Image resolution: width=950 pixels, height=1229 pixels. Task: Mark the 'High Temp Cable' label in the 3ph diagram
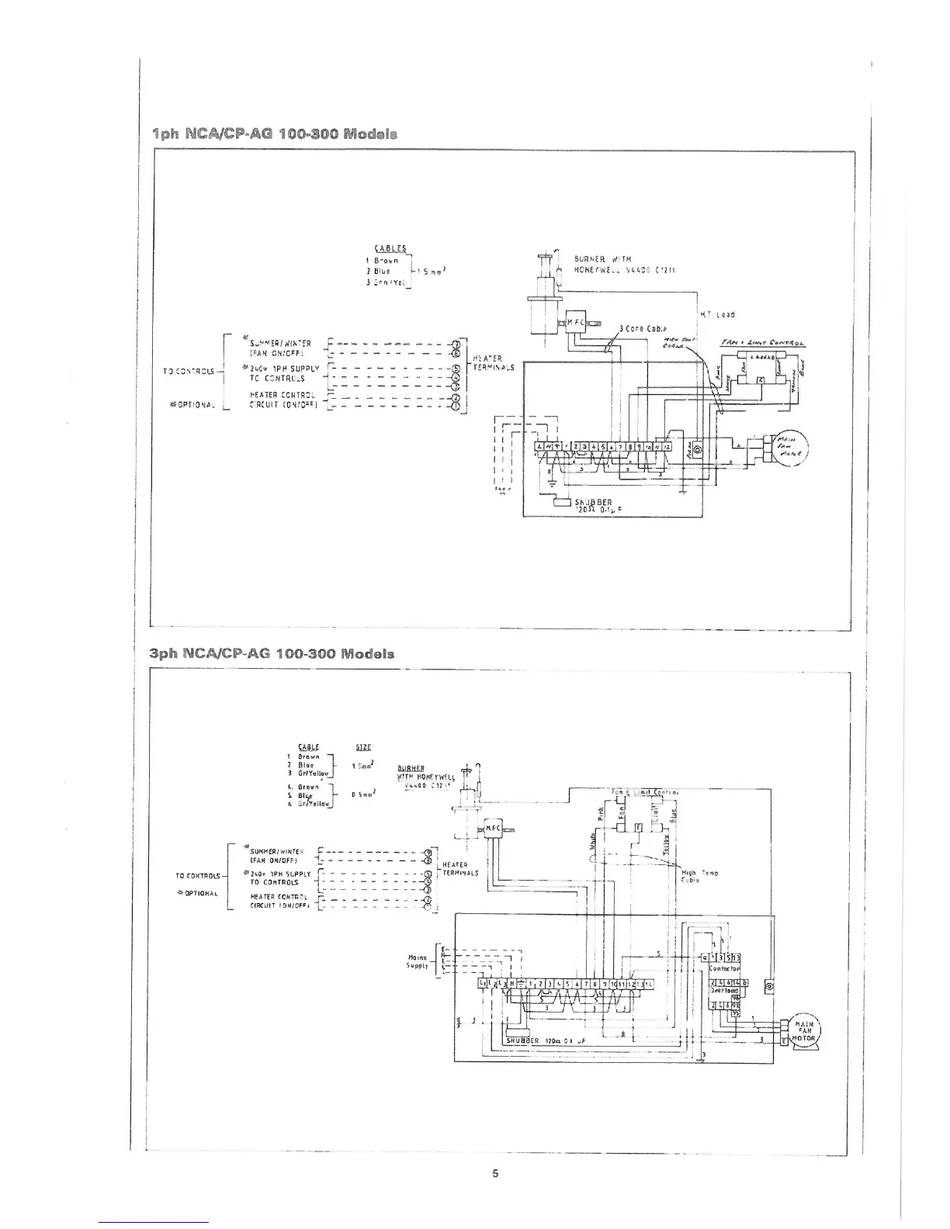click(x=693, y=876)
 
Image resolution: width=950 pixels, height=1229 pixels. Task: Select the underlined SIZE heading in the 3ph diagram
click(x=362, y=748)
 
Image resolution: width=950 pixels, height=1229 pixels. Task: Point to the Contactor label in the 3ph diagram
click(x=725, y=969)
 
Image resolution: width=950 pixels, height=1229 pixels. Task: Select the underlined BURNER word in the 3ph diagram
click(x=409, y=769)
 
